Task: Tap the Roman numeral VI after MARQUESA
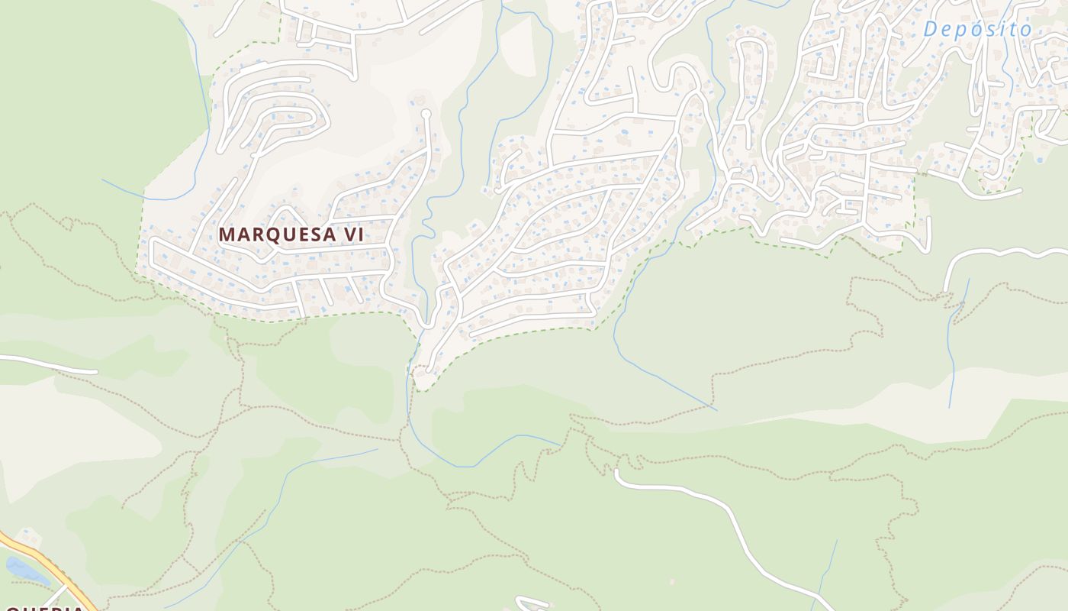(x=352, y=234)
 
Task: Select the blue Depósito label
(x=977, y=30)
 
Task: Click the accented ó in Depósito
(x=979, y=30)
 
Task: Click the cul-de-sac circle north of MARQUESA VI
(x=426, y=115)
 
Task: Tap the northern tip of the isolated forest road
(x=616, y=471)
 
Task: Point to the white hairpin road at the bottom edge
(x=534, y=603)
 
